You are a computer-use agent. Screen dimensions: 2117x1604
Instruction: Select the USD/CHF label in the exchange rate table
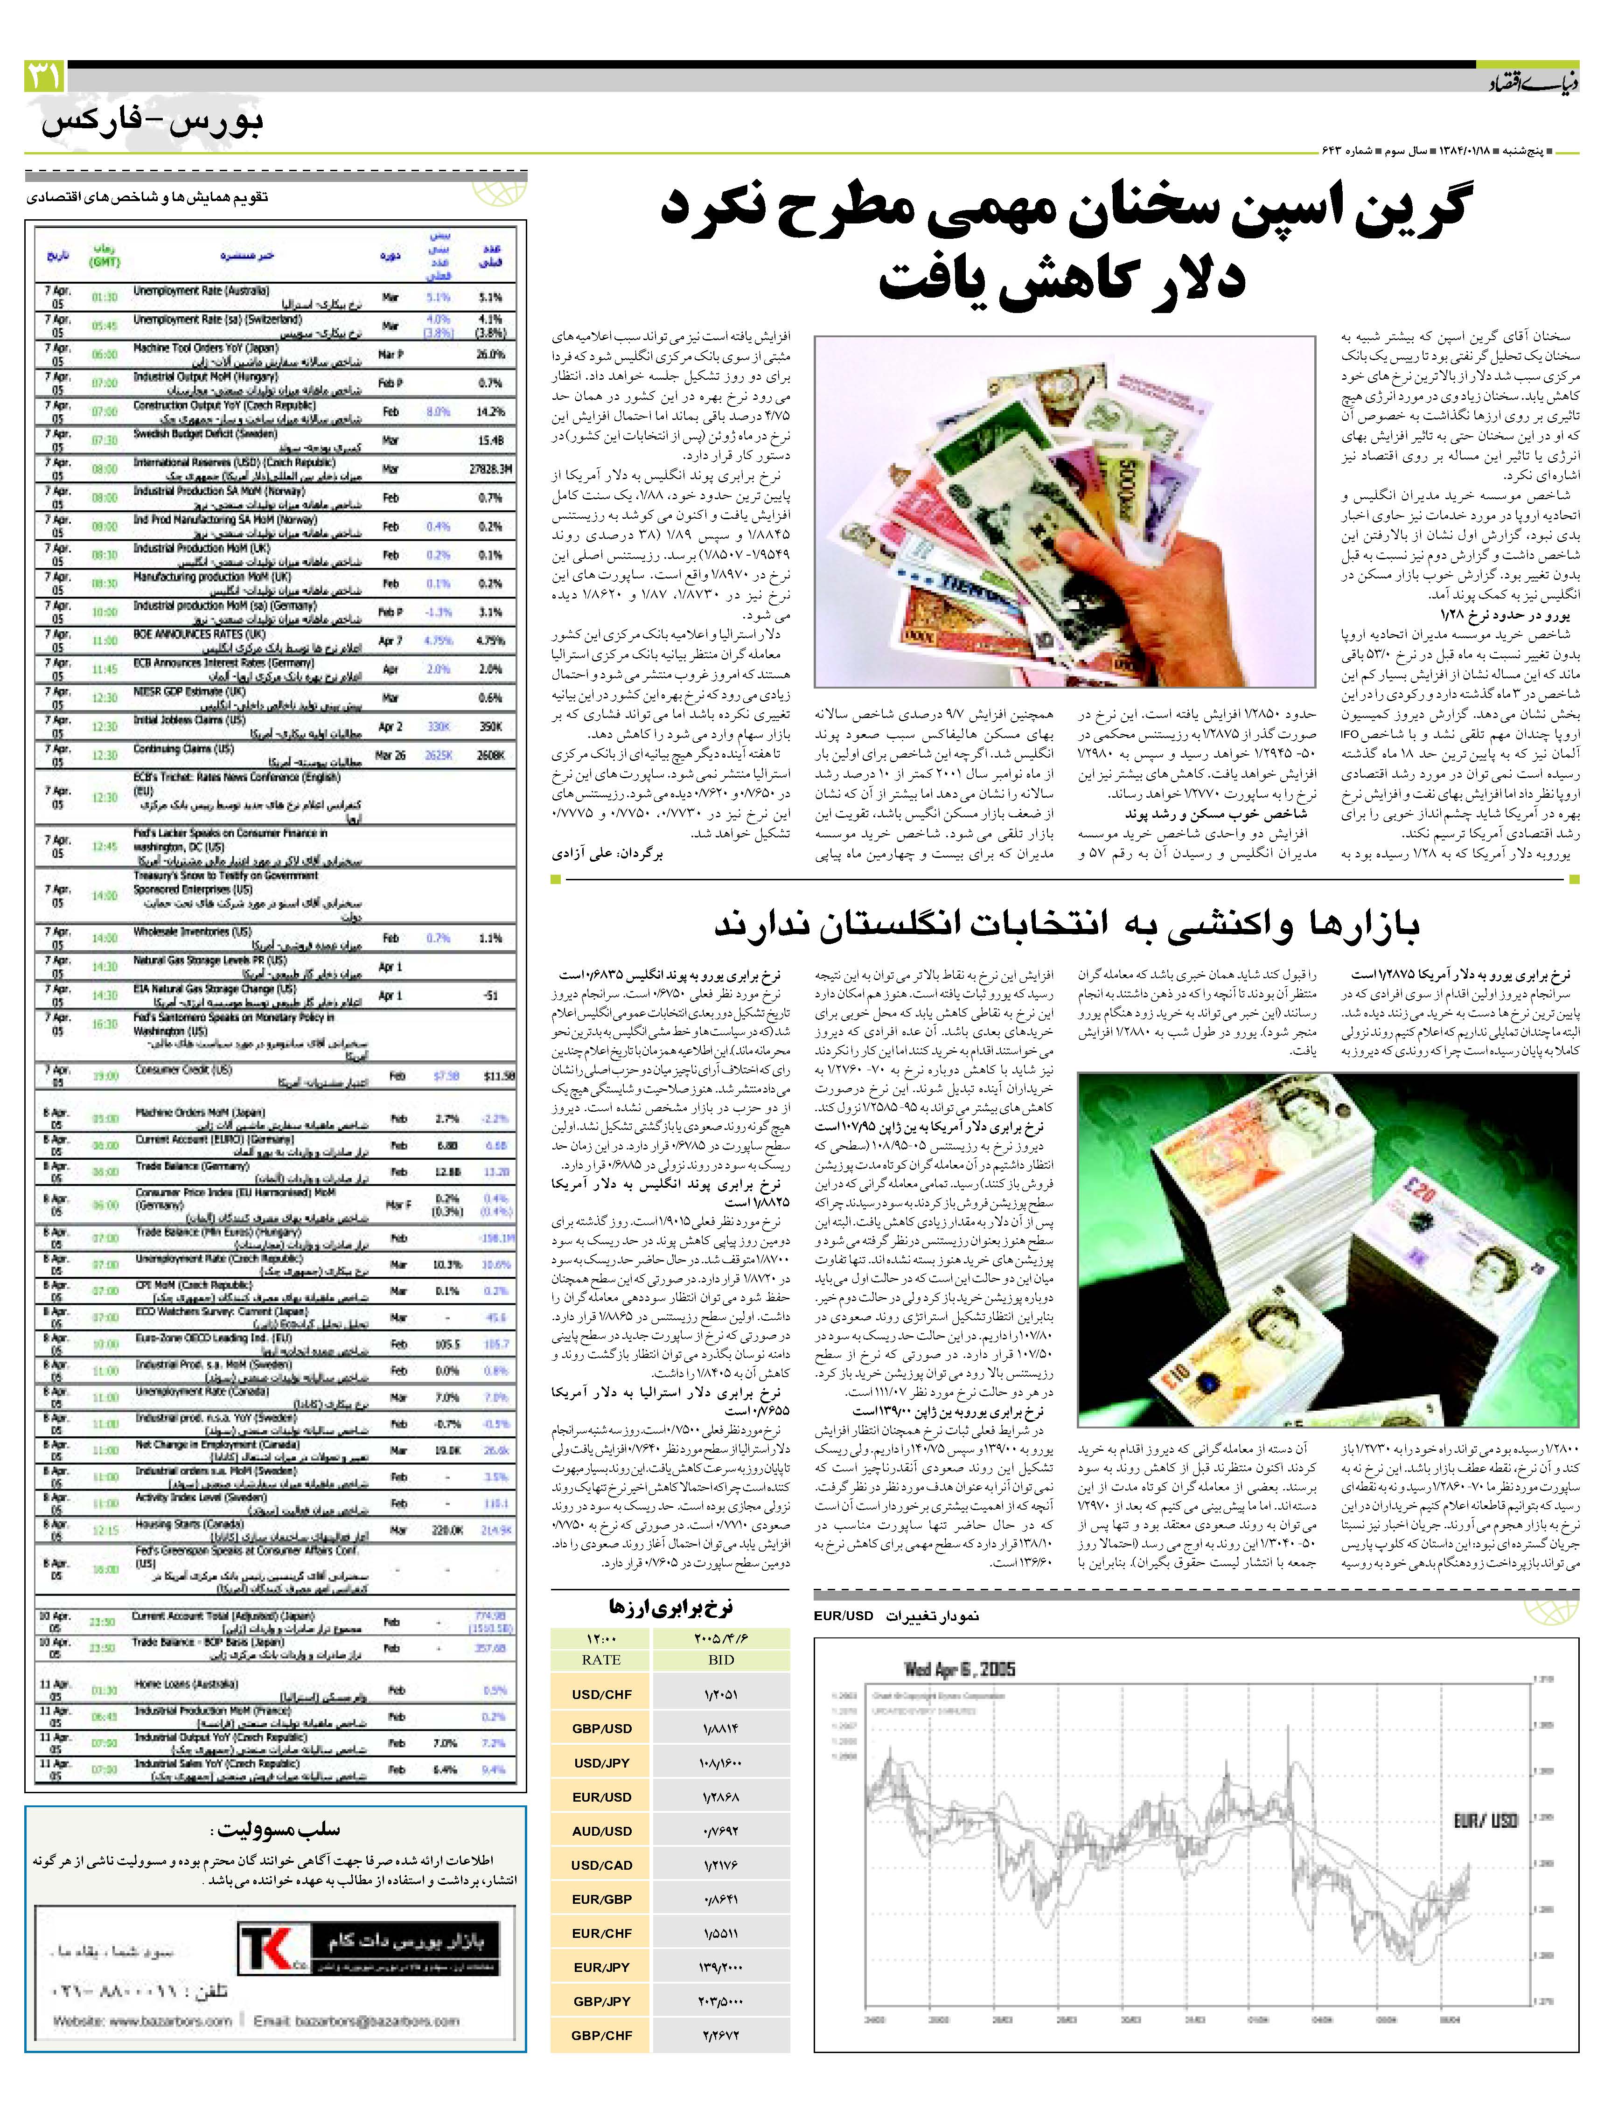click(601, 1694)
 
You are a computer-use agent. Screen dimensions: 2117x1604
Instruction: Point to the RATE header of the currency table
click(601, 1659)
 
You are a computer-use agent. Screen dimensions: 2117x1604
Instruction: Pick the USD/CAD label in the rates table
click(601, 1864)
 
